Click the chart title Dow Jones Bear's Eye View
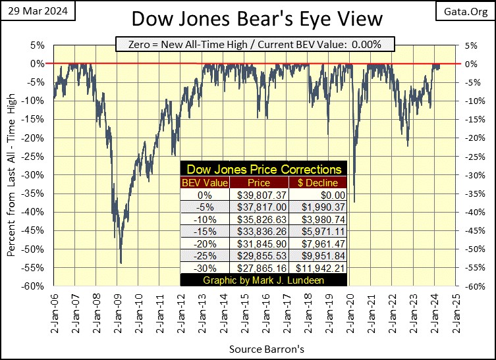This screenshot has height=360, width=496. (x=248, y=18)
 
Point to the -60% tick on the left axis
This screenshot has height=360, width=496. (x=36, y=286)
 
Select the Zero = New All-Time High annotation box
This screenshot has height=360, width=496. (x=254, y=45)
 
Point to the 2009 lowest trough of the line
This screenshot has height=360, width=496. (x=121, y=263)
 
